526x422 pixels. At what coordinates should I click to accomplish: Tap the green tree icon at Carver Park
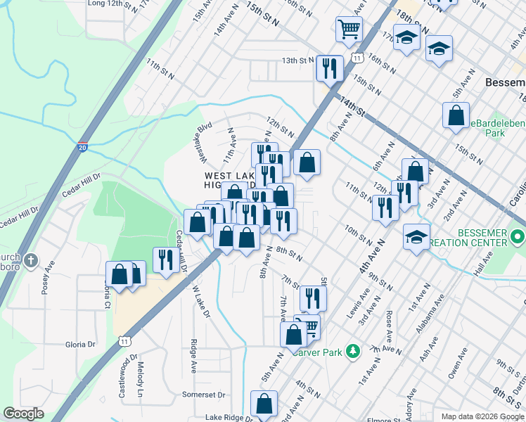[x=354, y=350]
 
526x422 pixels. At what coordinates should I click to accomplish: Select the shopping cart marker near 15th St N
[x=348, y=30]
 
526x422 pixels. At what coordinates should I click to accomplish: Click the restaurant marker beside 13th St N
[x=328, y=68]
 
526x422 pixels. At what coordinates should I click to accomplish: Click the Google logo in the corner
[x=23, y=414]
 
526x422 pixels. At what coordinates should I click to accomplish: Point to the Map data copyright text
[x=482, y=416]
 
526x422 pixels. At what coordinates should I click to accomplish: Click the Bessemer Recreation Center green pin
[x=518, y=235]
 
